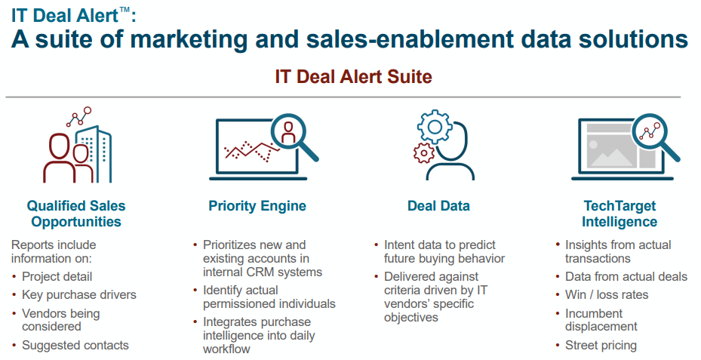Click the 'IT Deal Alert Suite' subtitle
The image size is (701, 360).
(x=353, y=76)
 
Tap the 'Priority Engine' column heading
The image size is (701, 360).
(x=257, y=206)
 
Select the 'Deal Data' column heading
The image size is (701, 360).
(x=438, y=206)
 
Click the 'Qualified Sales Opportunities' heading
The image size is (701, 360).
(x=76, y=214)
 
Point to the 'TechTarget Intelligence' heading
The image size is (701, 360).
(x=620, y=214)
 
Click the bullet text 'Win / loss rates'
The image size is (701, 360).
(x=607, y=294)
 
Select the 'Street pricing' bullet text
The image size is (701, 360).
(x=601, y=345)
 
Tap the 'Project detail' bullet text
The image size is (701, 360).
(x=57, y=277)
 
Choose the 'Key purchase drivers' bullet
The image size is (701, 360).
(x=79, y=294)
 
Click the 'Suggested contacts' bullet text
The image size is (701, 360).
(x=75, y=345)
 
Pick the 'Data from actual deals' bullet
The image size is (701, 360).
(x=626, y=276)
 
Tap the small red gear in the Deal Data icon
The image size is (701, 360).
(x=424, y=153)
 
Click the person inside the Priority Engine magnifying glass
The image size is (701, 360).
(x=288, y=132)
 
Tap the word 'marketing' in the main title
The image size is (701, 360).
(x=188, y=39)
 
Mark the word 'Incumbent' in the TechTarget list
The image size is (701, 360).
(x=594, y=313)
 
